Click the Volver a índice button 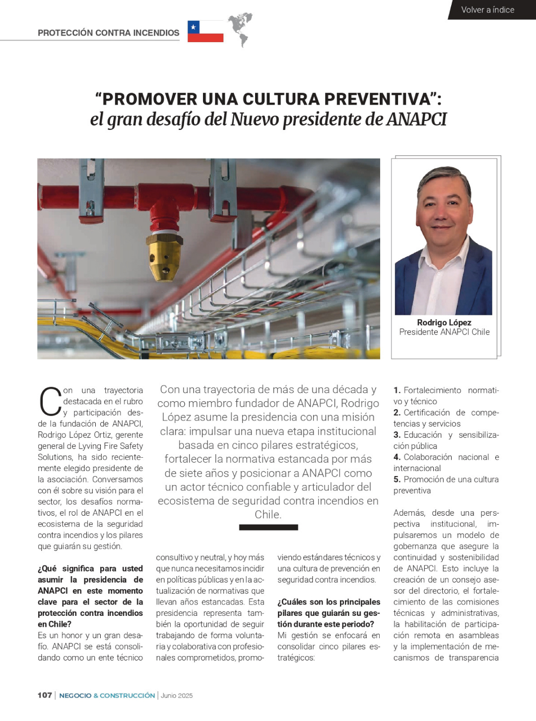click(487, 10)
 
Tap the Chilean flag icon click(205, 31)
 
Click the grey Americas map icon click(240, 29)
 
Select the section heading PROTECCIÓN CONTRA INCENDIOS click(108, 33)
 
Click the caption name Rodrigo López click(444, 322)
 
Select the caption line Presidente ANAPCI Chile click(444, 332)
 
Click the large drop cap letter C click(50, 402)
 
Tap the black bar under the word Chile click(268, 527)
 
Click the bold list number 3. click(397, 435)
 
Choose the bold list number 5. click(397, 480)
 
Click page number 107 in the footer click(45, 695)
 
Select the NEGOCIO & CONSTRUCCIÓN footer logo click(107, 695)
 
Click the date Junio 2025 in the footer click(177, 696)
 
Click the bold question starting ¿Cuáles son click(329, 613)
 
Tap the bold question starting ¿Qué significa click(90, 596)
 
